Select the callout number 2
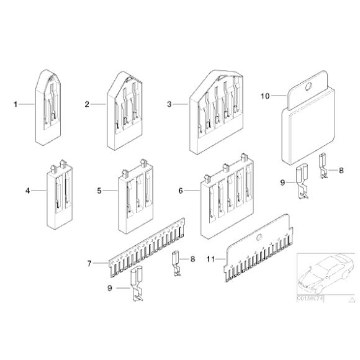pos(88,104)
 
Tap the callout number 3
pos(169,104)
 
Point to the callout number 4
pos(27,191)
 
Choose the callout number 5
pos(99,191)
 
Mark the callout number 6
pos(181,191)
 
